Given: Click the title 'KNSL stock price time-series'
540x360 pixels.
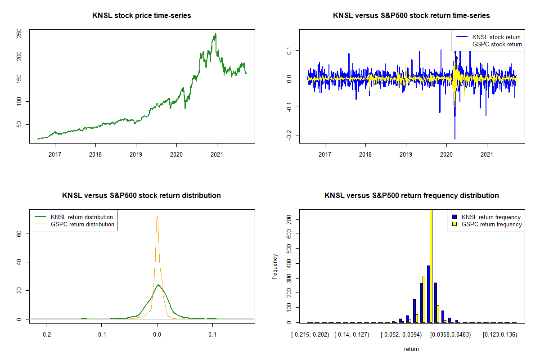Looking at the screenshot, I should point(142,16).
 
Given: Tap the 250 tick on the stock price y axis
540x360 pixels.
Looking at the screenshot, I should point(19,33).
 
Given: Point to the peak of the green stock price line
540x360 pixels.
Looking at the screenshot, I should point(216,34).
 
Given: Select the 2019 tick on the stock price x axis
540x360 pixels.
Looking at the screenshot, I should point(136,154).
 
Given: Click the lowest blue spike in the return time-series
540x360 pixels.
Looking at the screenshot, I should point(455,139).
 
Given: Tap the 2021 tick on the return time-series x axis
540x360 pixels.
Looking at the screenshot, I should point(487,154).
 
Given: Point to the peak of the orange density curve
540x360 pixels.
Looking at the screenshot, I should point(157,216).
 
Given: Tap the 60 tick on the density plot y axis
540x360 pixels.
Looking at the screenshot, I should point(19,234).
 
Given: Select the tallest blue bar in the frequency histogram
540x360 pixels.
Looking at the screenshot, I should point(428,294).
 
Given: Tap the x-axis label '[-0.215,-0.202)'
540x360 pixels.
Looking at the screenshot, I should point(310,334).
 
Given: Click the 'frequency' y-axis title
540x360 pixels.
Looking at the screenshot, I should point(275,267).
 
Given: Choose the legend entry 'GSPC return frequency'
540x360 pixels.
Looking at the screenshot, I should point(491,224).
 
